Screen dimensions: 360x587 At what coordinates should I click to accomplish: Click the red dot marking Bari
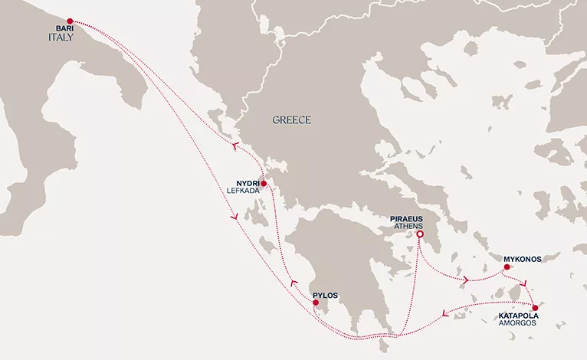click(x=70, y=21)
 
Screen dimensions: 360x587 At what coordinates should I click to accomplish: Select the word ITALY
click(x=61, y=38)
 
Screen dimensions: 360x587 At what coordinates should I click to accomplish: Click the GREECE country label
click(x=292, y=120)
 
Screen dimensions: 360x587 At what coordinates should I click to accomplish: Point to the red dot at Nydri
click(x=264, y=184)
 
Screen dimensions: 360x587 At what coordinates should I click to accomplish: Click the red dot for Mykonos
click(x=507, y=267)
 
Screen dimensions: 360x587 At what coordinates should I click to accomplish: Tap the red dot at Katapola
click(x=546, y=307)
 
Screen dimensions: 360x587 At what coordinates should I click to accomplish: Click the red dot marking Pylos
click(x=316, y=304)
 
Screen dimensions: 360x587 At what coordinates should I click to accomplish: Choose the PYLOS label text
click(x=325, y=295)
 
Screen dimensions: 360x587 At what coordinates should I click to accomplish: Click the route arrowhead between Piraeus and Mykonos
click(x=466, y=280)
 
